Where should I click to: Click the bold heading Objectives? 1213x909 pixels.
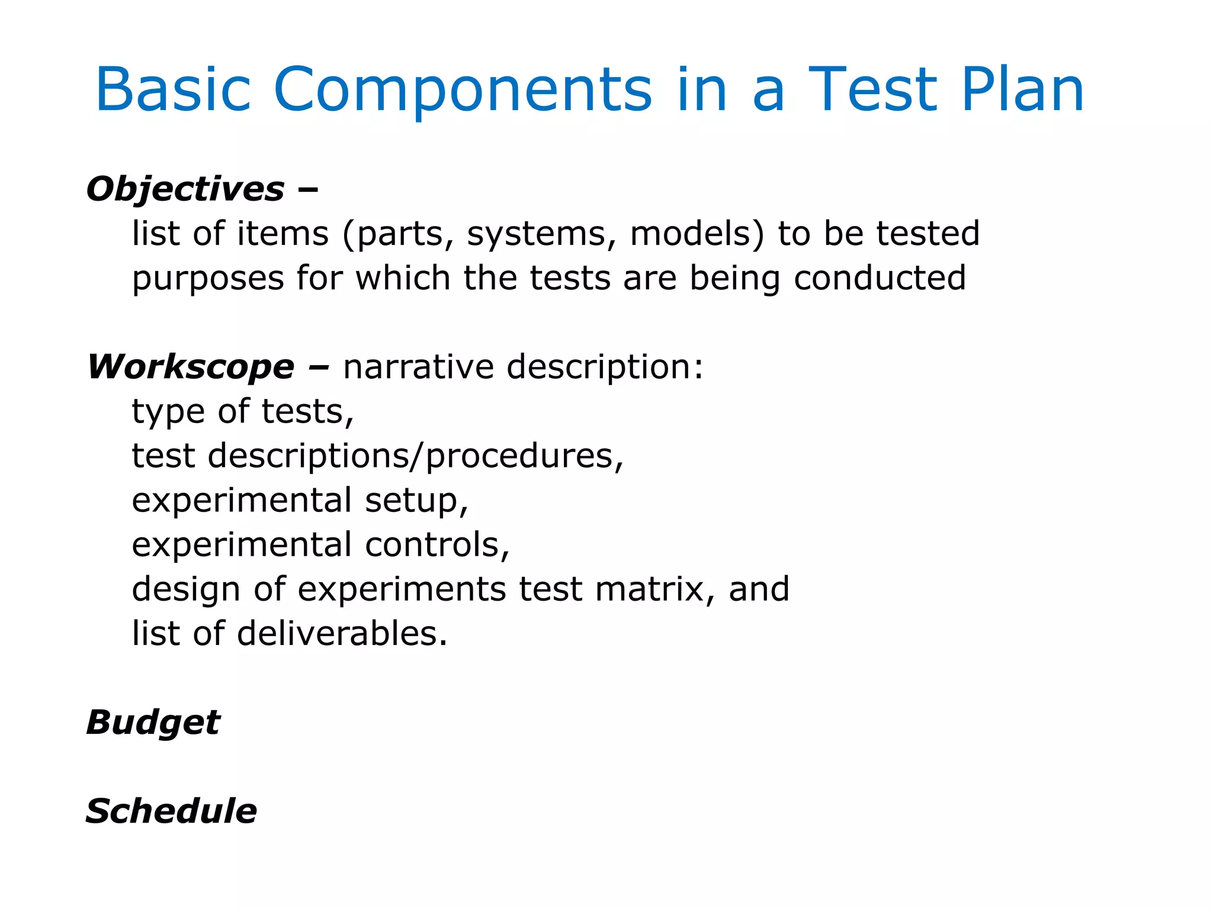click(x=185, y=189)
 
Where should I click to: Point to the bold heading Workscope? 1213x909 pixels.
click(x=191, y=367)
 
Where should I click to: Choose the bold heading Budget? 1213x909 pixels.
click(x=153, y=723)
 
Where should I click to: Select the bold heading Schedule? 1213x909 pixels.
click(x=171, y=811)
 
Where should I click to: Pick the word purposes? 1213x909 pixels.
click(x=208, y=278)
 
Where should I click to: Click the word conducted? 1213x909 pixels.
click(x=880, y=278)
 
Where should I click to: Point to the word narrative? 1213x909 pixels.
click(x=418, y=367)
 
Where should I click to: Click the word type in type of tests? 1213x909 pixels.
click(x=168, y=412)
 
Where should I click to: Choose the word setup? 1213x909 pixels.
click(x=416, y=501)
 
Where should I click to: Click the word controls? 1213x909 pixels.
click(x=437, y=545)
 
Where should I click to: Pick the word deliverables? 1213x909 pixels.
click(x=342, y=634)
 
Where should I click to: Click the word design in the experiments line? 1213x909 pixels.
click(x=186, y=589)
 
